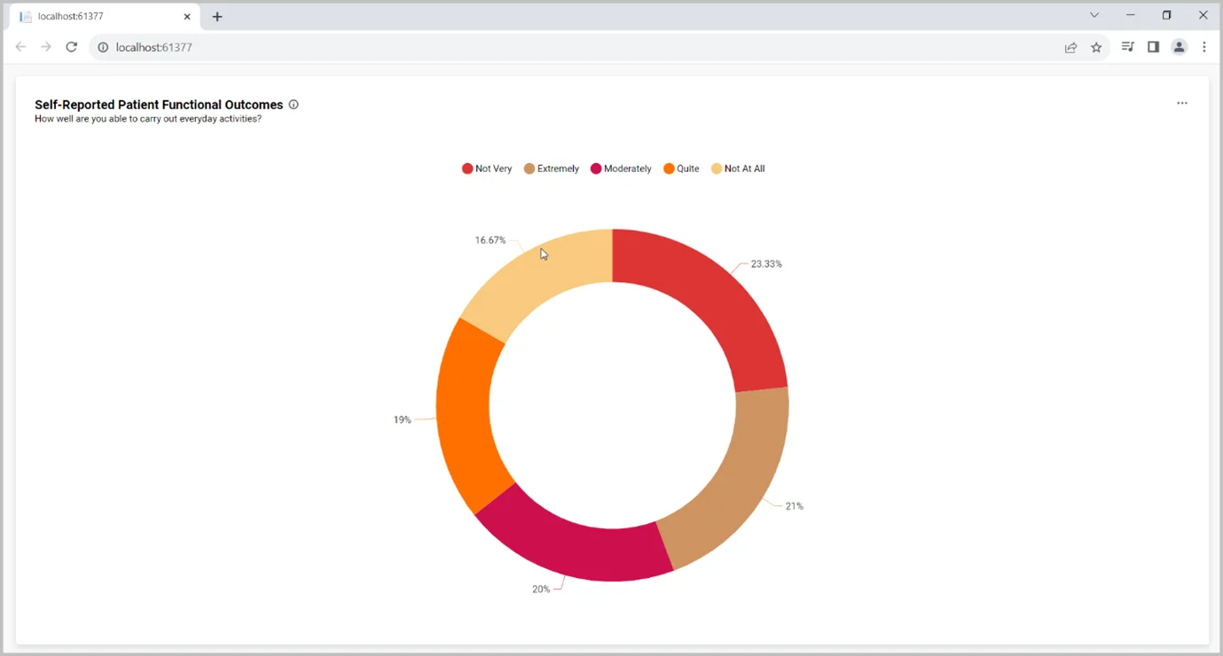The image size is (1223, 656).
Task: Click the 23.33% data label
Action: (766, 264)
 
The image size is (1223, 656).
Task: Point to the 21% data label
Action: (794, 506)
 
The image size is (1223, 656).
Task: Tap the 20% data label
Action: (541, 590)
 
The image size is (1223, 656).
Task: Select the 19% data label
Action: (402, 420)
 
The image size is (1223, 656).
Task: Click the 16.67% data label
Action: (490, 240)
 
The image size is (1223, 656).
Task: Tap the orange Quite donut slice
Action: (465, 417)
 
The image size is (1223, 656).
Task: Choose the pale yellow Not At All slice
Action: (532, 275)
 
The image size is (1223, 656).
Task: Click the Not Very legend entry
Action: (487, 168)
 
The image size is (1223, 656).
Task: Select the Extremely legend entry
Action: (552, 168)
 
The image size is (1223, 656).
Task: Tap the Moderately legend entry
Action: (621, 168)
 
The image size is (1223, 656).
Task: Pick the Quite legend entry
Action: (681, 168)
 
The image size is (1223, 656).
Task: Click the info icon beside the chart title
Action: (294, 105)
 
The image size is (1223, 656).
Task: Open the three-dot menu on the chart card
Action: (1182, 104)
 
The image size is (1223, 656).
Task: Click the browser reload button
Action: (72, 47)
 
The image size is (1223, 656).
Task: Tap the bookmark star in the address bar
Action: (1096, 48)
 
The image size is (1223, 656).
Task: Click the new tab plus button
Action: (217, 17)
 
